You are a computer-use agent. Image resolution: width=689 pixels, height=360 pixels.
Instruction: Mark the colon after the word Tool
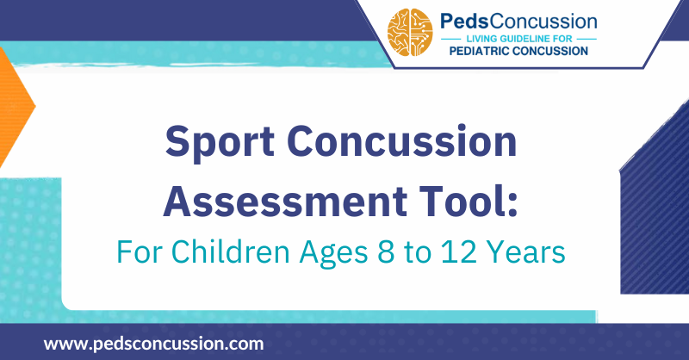pos(517,201)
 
